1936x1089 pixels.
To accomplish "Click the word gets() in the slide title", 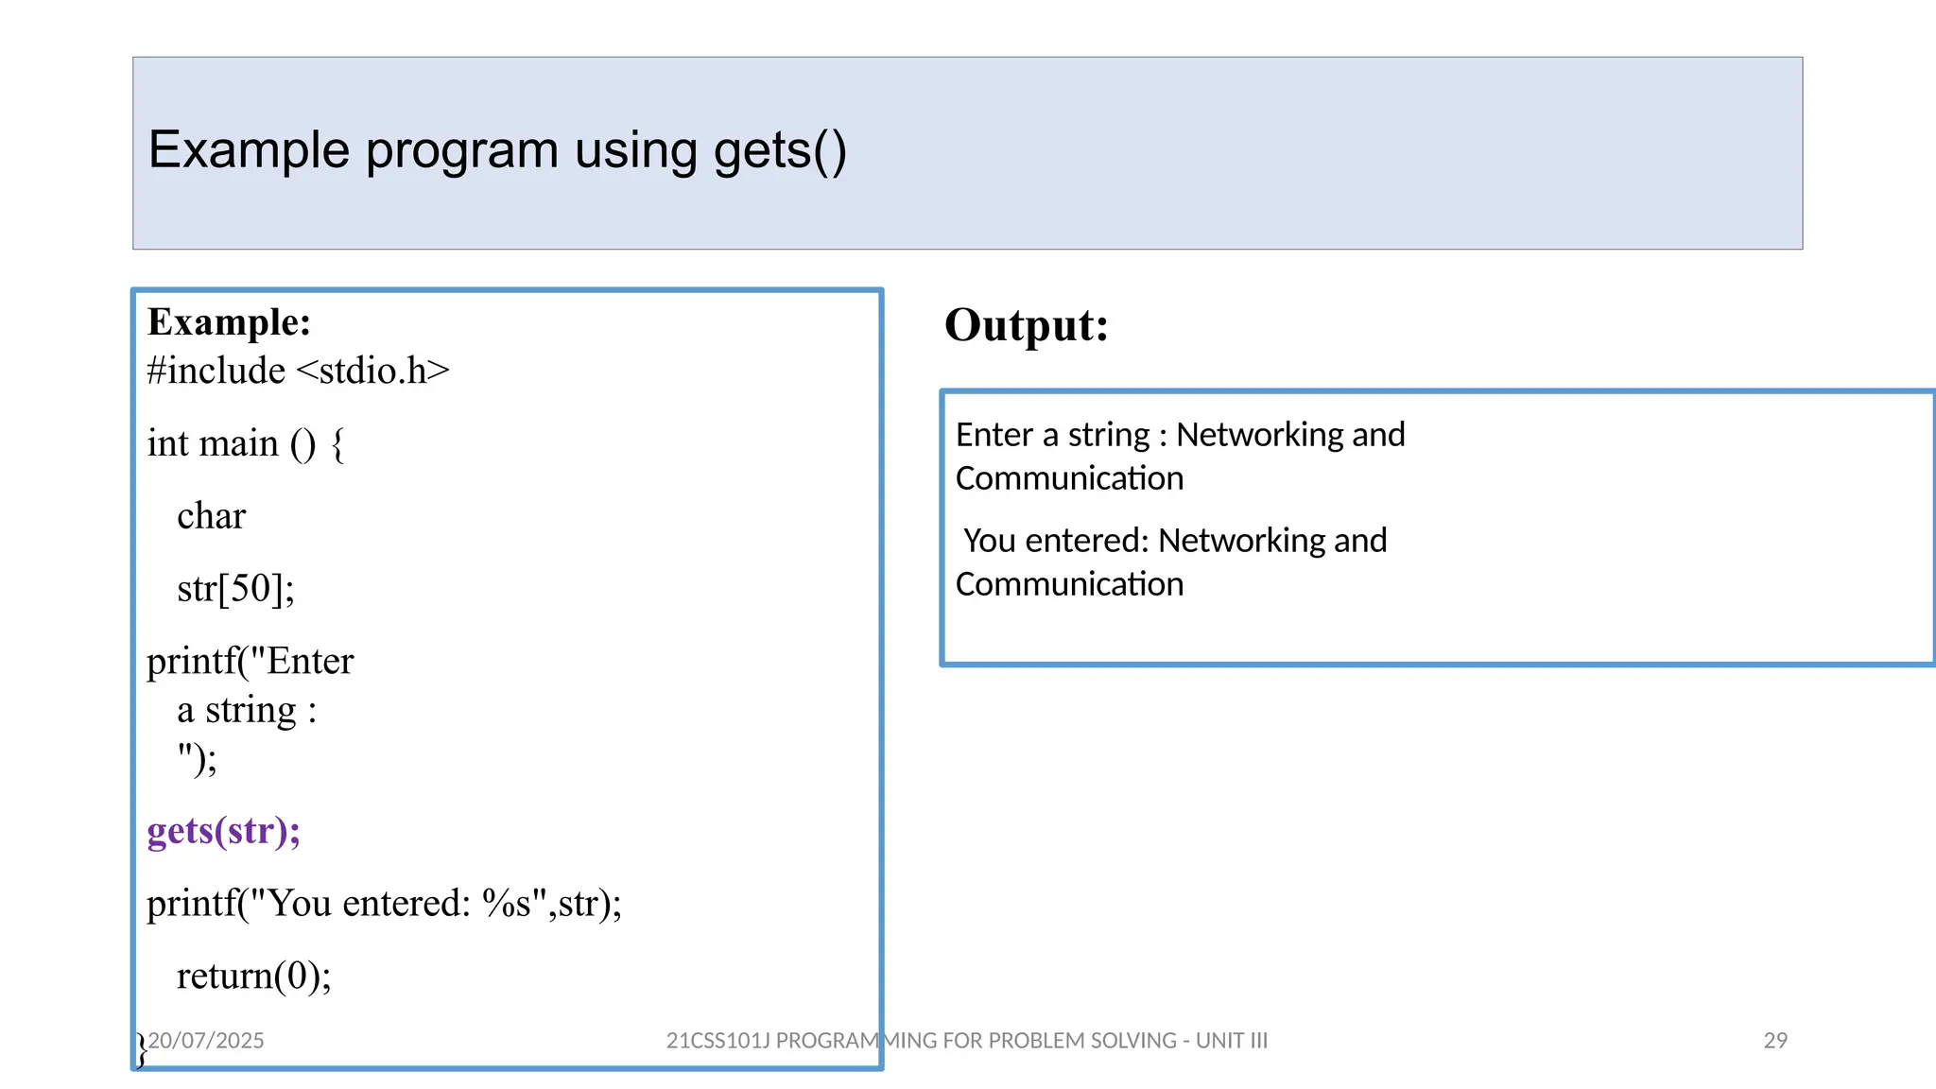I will [x=780, y=151].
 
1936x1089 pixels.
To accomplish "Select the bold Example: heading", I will [x=229, y=322].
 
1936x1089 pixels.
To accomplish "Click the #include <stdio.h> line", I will [x=298, y=371].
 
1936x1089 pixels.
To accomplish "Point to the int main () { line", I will [x=246, y=443].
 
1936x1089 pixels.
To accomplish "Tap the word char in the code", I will [x=211, y=516].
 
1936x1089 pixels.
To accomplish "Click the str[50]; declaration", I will [x=235, y=589].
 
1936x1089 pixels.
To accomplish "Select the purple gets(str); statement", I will [x=223, y=831].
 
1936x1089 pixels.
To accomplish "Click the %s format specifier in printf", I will [x=506, y=904].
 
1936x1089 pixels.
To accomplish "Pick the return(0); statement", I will [x=253, y=976].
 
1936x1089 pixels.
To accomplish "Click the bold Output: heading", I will [x=1026, y=325].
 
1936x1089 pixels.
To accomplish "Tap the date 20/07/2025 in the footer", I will [x=206, y=1041].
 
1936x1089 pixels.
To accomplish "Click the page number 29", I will [x=1775, y=1041].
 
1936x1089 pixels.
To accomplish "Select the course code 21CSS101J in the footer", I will [x=718, y=1041].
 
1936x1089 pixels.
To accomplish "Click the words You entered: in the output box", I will [x=1056, y=541].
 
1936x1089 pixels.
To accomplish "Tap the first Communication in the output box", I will [x=1069, y=478].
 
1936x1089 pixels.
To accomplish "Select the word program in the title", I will [x=461, y=151].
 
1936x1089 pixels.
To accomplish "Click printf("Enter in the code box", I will [x=250, y=662].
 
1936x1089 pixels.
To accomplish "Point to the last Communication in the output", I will [x=1069, y=584].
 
